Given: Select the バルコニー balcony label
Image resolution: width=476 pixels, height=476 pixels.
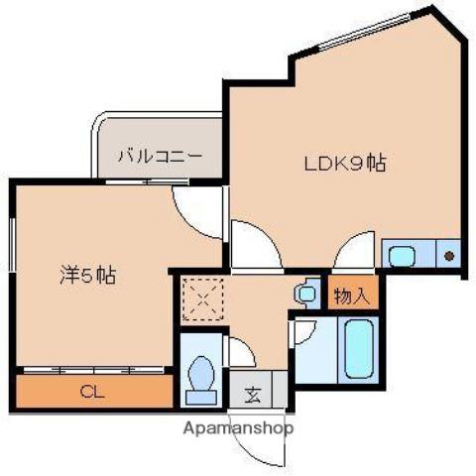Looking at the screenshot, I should tap(160, 155).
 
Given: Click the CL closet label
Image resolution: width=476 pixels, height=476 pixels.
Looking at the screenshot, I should tap(90, 390).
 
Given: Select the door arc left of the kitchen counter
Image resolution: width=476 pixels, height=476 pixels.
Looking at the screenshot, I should tap(354, 251).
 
